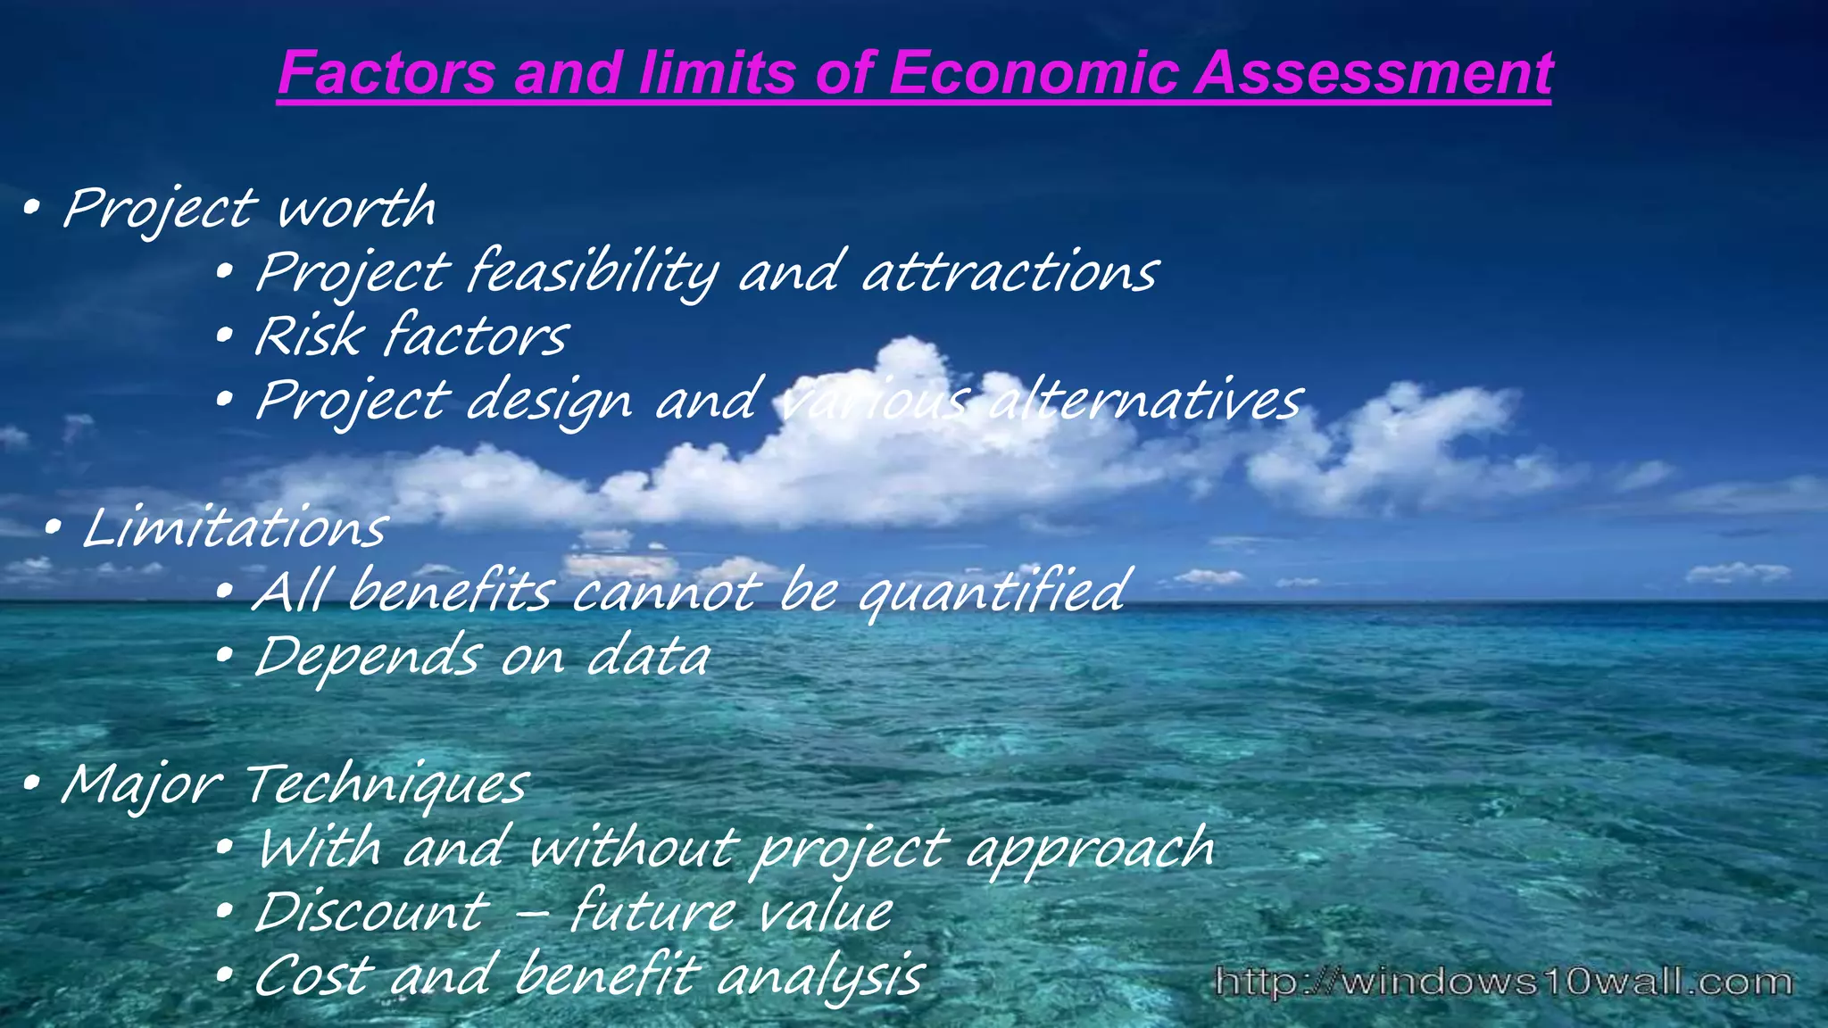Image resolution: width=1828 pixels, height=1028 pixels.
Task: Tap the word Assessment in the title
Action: pyautogui.click(x=1374, y=72)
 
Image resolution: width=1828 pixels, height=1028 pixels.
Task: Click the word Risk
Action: pyautogui.click(x=309, y=336)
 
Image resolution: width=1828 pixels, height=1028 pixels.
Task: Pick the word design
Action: pyautogui.click(x=549, y=402)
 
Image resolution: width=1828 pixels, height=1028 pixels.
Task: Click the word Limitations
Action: pyautogui.click(x=235, y=528)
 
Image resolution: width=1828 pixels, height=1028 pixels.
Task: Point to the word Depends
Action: pyautogui.click(x=367, y=657)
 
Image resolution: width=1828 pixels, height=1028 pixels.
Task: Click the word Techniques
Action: pyautogui.click(x=386, y=785)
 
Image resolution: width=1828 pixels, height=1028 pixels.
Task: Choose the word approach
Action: pyautogui.click(x=1090, y=850)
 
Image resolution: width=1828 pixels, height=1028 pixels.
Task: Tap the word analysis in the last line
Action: pyautogui.click(x=820, y=976)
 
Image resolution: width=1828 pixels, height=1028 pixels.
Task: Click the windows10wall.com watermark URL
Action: pyautogui.click(x=1504, y=982)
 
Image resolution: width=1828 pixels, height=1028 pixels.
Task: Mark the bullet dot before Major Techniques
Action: pyautogui.click(x=31, y=784)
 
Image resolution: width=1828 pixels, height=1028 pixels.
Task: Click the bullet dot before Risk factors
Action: pyautogui.click(x=225, y=336)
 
